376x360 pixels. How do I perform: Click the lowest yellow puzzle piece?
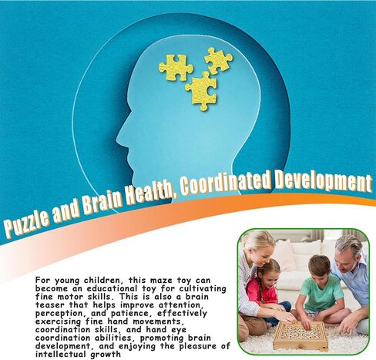point(202,92)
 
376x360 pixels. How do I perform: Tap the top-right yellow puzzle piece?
point(218,60)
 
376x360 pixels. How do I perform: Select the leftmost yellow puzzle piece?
point(176,68)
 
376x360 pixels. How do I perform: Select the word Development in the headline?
point(323,181)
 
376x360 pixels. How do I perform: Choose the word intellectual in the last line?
point(61,355)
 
